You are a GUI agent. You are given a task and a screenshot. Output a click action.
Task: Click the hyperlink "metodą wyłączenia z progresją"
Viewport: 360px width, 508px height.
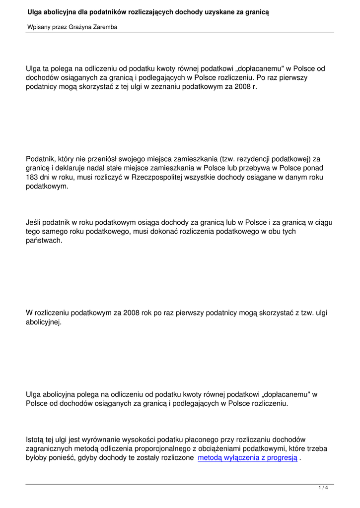(247, 458)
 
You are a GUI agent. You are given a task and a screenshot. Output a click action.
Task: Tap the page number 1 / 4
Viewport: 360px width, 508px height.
(323, 488)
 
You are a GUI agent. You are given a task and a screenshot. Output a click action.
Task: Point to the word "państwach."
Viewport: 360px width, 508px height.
(44, 240)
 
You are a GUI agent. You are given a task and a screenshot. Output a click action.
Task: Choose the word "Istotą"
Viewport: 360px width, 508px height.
(35, 439)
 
